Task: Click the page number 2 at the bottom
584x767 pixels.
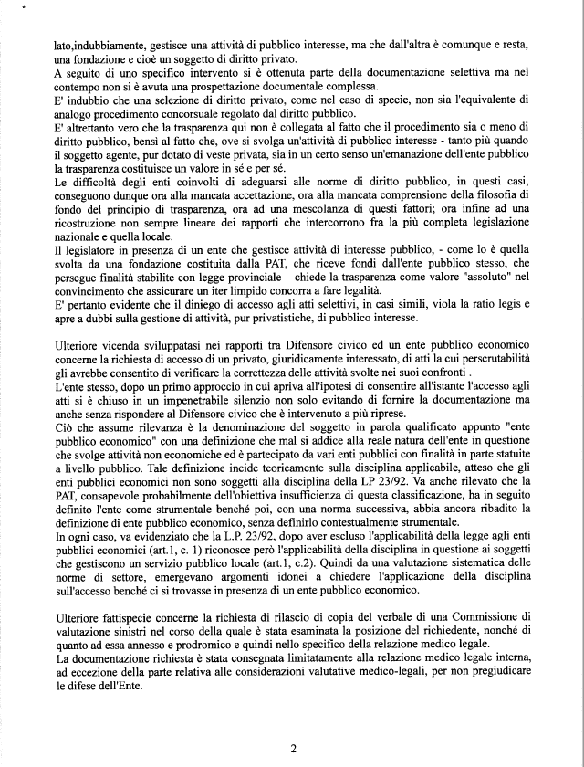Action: coord(294,749)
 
